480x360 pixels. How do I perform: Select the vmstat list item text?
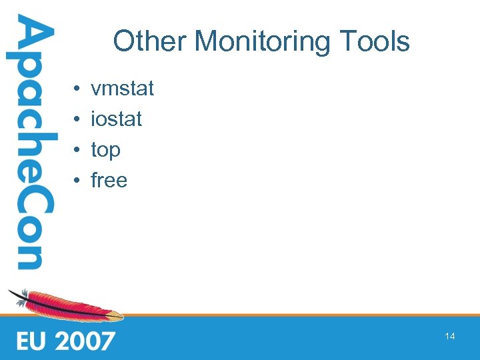pos(122,89)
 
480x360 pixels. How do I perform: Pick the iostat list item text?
pos(116,119)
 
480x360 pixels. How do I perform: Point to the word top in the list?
pos(105,151)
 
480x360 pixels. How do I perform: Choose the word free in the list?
pos(109,181)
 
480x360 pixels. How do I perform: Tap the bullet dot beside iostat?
pos(77,120)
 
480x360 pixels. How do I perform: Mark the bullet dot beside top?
pos(77,151)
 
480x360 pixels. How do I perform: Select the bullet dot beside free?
pos(77,181)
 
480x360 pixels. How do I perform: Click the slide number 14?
pos(450,337)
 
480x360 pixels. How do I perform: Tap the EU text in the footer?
pos(33,341)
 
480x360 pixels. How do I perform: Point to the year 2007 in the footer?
pos(85,341)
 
